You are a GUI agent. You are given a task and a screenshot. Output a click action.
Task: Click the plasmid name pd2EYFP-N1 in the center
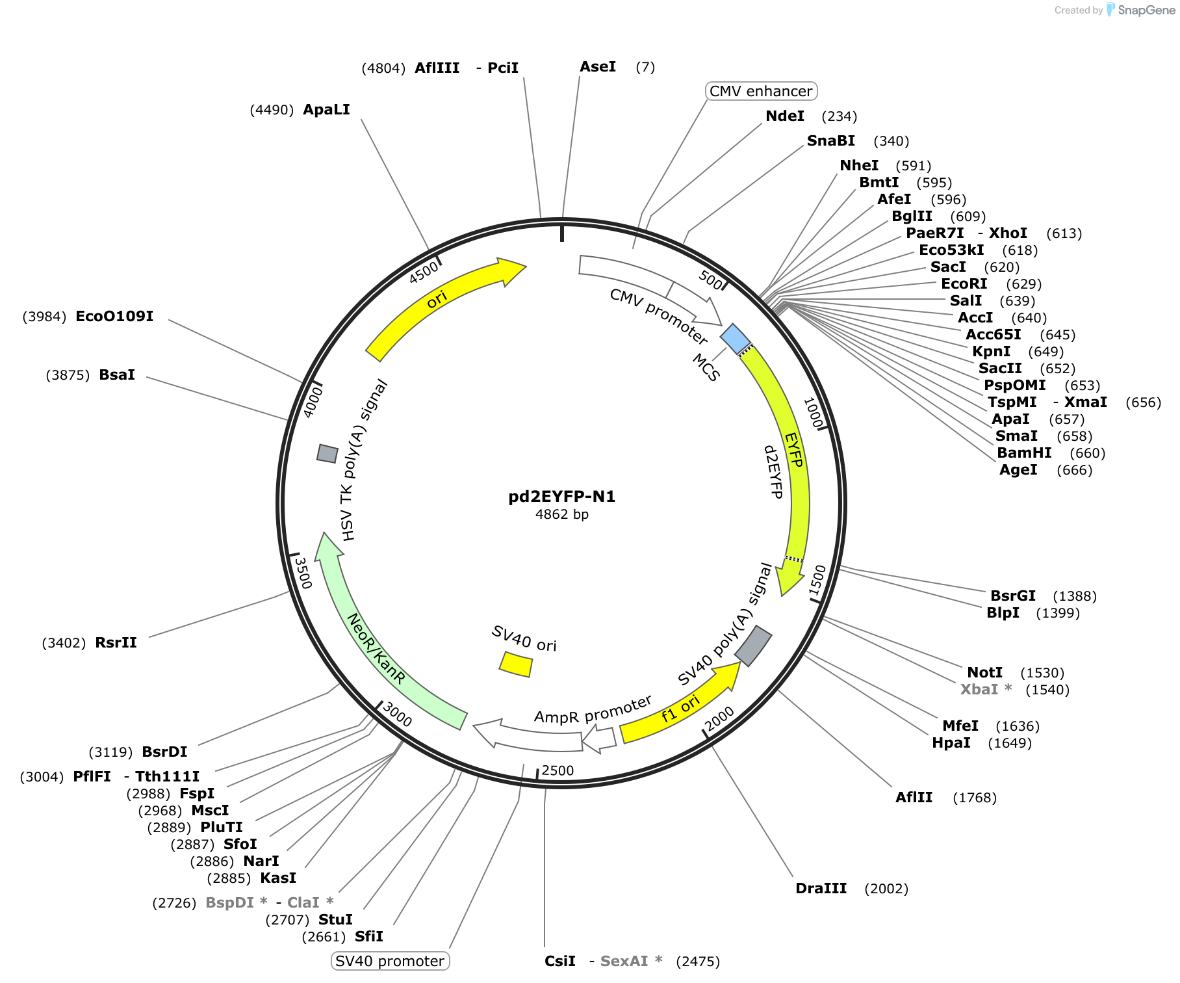(x=562, y=497)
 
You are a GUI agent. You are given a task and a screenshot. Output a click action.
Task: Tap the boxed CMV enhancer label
(x=761, y=91)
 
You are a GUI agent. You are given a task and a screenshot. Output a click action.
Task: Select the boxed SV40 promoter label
(x=390, y=961)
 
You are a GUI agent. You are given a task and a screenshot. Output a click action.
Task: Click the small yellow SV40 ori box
(x=516, y=664)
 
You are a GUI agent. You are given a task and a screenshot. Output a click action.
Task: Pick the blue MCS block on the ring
(x=736, y=339)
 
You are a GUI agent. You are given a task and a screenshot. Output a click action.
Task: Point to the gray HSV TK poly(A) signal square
(x=327, y=454)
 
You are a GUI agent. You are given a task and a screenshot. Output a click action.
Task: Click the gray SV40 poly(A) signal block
(x=753, y=646)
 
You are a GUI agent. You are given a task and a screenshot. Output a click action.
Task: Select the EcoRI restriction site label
(x=964, y=283)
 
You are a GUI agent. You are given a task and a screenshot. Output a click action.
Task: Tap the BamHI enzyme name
(x=1024, y=452)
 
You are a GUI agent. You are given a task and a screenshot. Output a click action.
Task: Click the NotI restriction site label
(x=984, y=672)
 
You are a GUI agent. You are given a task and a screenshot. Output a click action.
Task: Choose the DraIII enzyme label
(x=821, y=888)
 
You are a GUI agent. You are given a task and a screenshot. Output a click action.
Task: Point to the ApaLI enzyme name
(x=326, y=109)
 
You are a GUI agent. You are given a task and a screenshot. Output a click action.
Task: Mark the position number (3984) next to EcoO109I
(x=44, y=317)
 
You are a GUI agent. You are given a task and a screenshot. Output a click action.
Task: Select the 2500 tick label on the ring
(x=558, y=770)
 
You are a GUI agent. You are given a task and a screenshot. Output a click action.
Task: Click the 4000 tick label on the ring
(x=313, y=401)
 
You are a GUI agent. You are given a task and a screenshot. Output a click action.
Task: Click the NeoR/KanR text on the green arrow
(x=377, y=648)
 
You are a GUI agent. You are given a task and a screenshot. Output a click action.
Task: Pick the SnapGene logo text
(x=1147, y=10)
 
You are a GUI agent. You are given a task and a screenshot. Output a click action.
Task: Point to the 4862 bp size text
(x=562, y=514)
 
